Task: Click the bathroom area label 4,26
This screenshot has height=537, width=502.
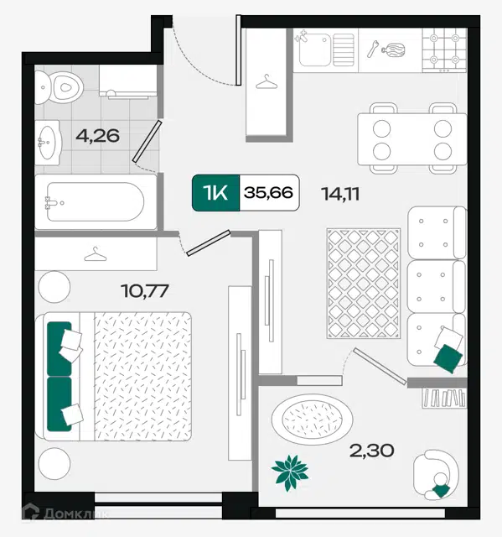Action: pyautogui.click(x=97, y=136)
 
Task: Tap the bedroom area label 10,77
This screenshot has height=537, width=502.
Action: pyautogui.click(x=145, y=291)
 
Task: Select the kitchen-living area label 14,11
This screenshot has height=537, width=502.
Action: pyautogui.click(x=340, y=194)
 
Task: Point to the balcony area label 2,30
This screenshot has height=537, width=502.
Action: pyautogui.click(x=371, y=451)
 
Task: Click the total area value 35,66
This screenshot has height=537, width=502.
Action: pyautogui.click(x=268, y=192)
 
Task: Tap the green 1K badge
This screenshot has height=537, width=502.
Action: pyautogui.click(x=215, y=192)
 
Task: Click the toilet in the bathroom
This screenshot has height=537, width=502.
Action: pyautogui.click(x=59, y=87)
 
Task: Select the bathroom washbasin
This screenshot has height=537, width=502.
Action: pyautogui.click(x=49, y=143)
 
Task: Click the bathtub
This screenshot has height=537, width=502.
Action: pyautogui.click(x=96, y=201)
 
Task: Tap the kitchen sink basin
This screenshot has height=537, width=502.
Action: pyautogui.click(x=314, y=50)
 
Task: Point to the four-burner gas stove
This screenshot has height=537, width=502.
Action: pyautogui.click(x=444, y=50)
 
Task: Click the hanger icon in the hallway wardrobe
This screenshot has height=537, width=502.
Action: pyautogui.click(x=267, y=82)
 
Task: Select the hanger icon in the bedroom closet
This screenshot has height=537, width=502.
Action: pyautogui.click(x=96, y=254)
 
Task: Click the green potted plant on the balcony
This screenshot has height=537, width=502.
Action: pyautogui.click(x=290, y=472)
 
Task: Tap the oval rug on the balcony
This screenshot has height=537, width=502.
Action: pyautogui.click(x=313, y=420)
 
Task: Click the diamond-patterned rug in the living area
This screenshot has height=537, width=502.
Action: pyautogui.click(x=363, y=284)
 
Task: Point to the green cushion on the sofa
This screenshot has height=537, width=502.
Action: pyautogui.click(x=448, y=358)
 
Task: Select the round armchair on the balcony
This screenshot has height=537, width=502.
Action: pyautogui.click(x=436, y=474)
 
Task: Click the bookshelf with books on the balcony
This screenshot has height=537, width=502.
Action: pyautogui.click(x=444, y=398)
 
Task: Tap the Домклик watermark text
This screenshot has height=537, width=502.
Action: pyautogui.click(x=76, y=514)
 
